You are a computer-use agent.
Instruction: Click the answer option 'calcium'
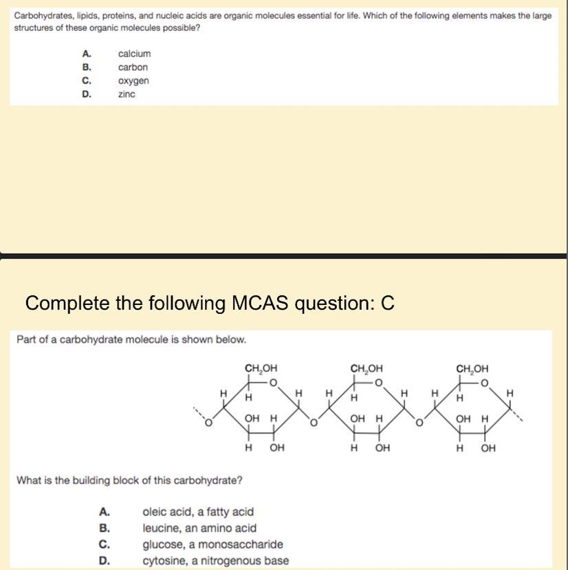coord(134,54)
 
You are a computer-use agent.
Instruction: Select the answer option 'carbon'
coord(133,67)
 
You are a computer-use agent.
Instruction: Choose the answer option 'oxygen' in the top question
coord(133,81)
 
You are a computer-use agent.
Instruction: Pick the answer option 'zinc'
coord(127,94)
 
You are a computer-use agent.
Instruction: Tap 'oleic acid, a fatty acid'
coord(197,511)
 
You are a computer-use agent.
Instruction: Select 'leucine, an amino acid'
coord(199,528)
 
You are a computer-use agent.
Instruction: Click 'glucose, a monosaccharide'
coord(212,545)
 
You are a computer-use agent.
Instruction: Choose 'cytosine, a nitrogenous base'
coord(215,560)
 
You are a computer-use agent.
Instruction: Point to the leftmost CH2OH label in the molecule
coord(261,368)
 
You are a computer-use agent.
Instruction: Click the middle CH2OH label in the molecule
coord(367,368)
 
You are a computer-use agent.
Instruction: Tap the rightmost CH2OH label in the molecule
coord(472,368)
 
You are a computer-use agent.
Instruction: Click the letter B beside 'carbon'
coord(86,67)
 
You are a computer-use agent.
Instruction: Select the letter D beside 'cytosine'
coord(104,560)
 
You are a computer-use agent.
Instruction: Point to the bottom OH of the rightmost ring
coord(488,449)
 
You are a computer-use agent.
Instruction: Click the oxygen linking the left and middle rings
coord(314,421)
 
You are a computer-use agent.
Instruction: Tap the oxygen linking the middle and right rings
coord(419,421)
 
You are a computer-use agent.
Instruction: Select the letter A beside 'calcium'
coord(86,54)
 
